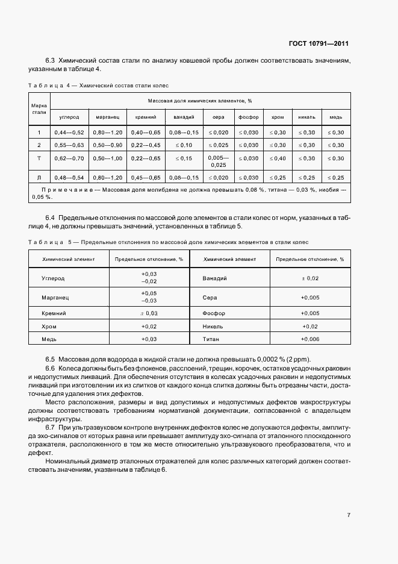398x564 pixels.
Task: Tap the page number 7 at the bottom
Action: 349,515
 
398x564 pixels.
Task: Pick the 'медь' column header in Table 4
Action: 336,117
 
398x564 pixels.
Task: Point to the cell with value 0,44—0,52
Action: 69,132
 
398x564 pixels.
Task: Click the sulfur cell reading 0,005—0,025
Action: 218,161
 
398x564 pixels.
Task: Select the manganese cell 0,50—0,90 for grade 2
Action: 108,145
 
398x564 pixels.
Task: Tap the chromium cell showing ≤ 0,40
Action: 278,158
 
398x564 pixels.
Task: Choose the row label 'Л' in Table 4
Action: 39,178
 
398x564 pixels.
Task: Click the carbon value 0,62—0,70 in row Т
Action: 69,158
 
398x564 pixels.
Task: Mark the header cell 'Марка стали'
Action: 39,108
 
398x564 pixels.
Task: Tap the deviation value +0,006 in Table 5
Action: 309,339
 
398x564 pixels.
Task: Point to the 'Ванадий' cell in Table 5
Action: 215,278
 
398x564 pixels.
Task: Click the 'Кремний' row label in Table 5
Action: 54,313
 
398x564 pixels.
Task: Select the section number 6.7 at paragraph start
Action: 51,427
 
